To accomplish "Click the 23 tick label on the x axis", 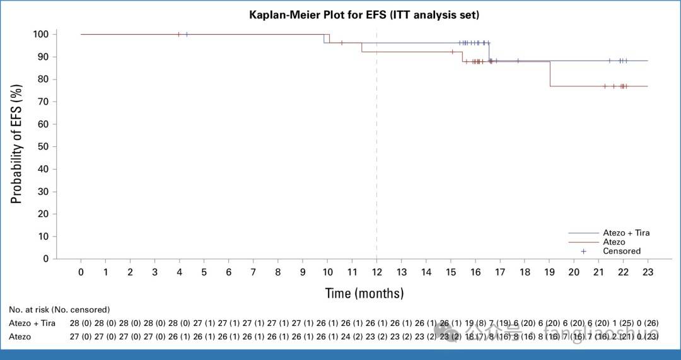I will [648, 272].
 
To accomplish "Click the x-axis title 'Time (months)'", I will [364, 293].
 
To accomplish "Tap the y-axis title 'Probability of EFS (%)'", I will [17, 146].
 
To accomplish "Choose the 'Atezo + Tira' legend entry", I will [626, 233].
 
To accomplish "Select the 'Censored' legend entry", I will [621, 251].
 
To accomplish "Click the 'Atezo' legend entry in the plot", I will [614, 242].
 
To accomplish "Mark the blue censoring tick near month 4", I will [187, 34].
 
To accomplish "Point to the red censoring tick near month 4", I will [179, 34].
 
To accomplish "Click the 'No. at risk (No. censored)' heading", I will [59, 310].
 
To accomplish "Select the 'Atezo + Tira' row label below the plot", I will [32, 323].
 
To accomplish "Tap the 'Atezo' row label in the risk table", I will [20, 337].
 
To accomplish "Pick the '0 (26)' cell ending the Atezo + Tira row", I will [648, 323].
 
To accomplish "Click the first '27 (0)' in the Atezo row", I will [81, 337].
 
